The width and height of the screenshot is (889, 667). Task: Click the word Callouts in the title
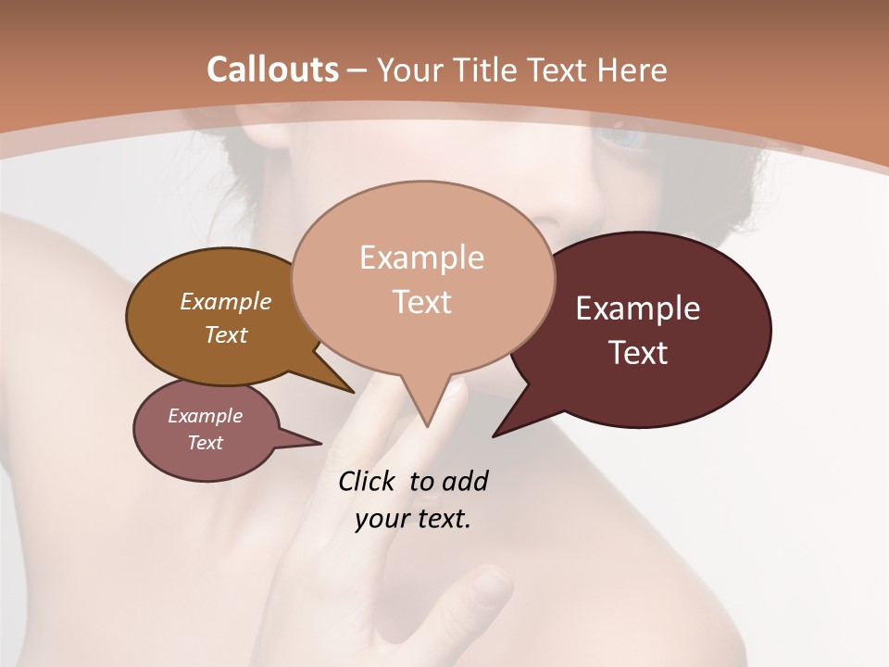(x=272, y=69)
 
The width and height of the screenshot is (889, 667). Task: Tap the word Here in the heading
(x=632, y=69)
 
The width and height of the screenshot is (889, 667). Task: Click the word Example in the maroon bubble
(x=638, y=308)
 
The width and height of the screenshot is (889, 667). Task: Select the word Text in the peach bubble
(x=422, y=302)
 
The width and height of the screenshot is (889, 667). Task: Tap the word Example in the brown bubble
(x=226, y=301)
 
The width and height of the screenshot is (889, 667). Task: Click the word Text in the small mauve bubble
(x=206, y=443)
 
